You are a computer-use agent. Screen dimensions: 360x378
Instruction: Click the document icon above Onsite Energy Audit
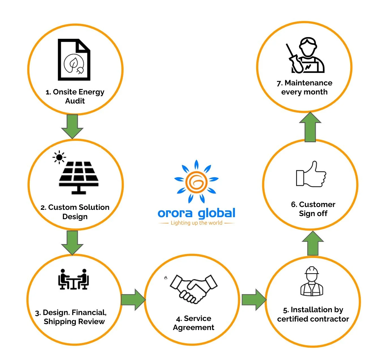[74, 60]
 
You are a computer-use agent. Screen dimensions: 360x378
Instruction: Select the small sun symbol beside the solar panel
[59, 158]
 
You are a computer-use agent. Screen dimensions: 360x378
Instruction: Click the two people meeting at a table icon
[74, 279]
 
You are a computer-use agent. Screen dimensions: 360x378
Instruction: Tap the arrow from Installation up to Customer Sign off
[313, 243]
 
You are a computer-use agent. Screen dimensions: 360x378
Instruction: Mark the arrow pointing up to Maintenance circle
[310, 127]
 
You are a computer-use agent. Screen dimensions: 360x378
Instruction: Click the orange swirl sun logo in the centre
[196, 182]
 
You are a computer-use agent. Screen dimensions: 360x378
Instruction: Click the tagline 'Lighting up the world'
[196, 223]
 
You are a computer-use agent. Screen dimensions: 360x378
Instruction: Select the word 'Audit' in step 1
[75, 101]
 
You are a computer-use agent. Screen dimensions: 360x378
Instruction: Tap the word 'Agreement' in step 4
[194, 327]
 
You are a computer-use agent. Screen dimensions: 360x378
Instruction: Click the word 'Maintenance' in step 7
[308, 83]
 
